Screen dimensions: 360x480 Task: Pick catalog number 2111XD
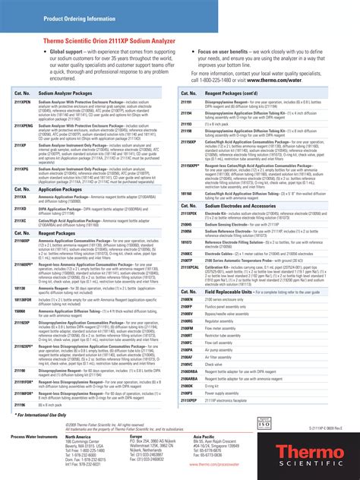pyautogui.click(x=20, y=208)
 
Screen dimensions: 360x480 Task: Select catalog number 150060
pyautogui.click(x=20, y=311)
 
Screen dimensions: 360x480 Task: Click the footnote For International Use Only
pyautogui.click(x=45, y=416)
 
